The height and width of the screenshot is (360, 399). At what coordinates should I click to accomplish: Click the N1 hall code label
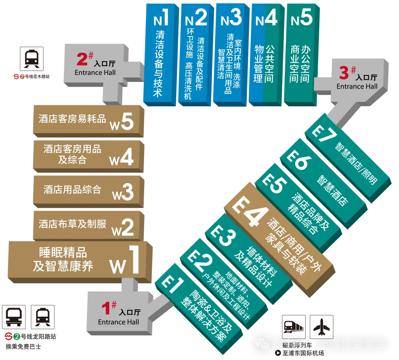pyautogui.click(x=161, y=18)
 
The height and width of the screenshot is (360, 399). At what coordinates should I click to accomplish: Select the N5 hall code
pyautogui.click(x=301, y=18)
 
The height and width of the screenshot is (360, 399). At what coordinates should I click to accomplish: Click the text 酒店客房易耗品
pyautogui.click(x=72, y=119)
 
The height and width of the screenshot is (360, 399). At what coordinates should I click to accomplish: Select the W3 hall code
pyautogui.click(x=122, y=192)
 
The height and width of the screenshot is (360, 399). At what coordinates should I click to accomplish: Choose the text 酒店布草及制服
pyautogui.click(x=72, y=224)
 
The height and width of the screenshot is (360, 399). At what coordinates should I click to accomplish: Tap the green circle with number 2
pyautogui.click(x=17, y=336)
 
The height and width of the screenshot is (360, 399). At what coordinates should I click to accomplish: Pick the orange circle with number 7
pyautogui.click(x=22, y=77)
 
